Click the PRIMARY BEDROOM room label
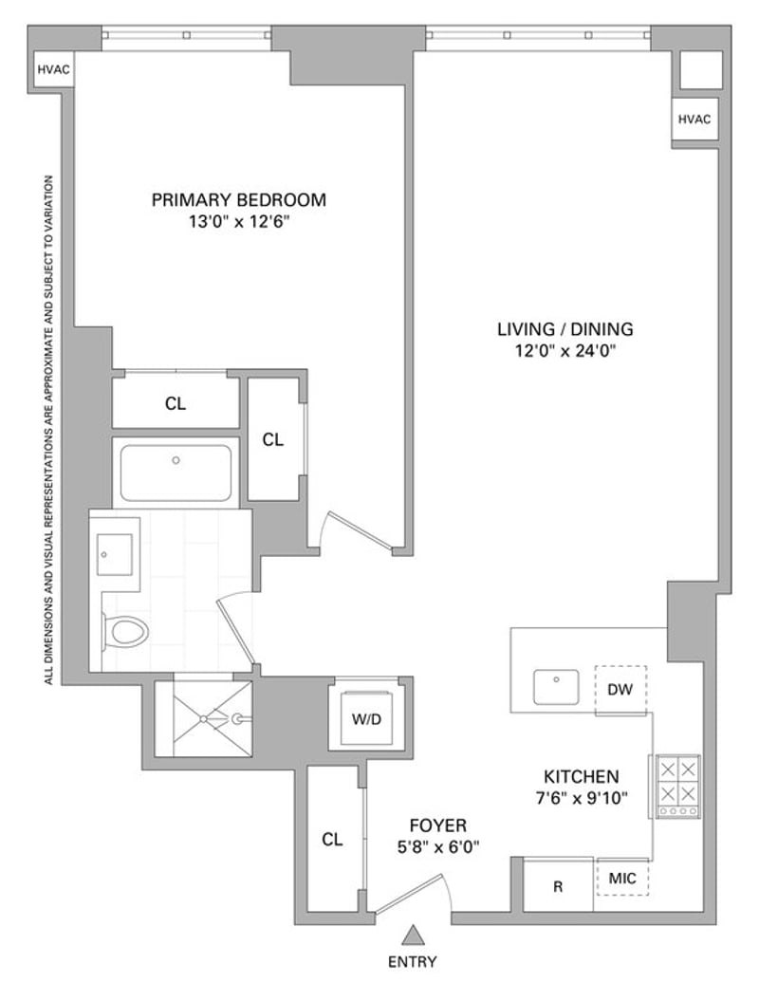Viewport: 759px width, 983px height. coord(239,200)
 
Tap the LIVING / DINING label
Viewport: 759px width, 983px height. coord(565,329)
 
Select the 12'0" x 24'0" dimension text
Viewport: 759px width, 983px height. coord(565,351)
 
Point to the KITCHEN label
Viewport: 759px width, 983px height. coord(581,777)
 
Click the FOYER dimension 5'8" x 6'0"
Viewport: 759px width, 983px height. coord(438,847)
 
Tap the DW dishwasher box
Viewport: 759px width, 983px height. coord(620,690)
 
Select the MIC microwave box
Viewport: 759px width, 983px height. coord(621,878)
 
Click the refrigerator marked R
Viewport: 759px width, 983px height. coord(558,885)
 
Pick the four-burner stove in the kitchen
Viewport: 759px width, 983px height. coord(676,787)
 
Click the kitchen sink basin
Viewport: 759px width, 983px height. coord(557,686)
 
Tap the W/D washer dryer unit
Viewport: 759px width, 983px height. coord(366,718)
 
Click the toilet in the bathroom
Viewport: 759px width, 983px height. coord(125,632)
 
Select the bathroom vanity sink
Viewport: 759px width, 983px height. coord(115,555)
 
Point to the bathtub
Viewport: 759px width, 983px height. coord(176,473)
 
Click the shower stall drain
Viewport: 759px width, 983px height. coord(203,718)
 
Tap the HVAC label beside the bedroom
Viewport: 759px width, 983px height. coord(53,69)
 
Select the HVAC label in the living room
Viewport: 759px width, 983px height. coord(694,120)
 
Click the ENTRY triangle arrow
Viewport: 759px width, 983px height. coord(413,935)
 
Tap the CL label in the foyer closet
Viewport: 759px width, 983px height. coord(332,840)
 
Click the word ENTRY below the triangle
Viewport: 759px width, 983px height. coord(413,962)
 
